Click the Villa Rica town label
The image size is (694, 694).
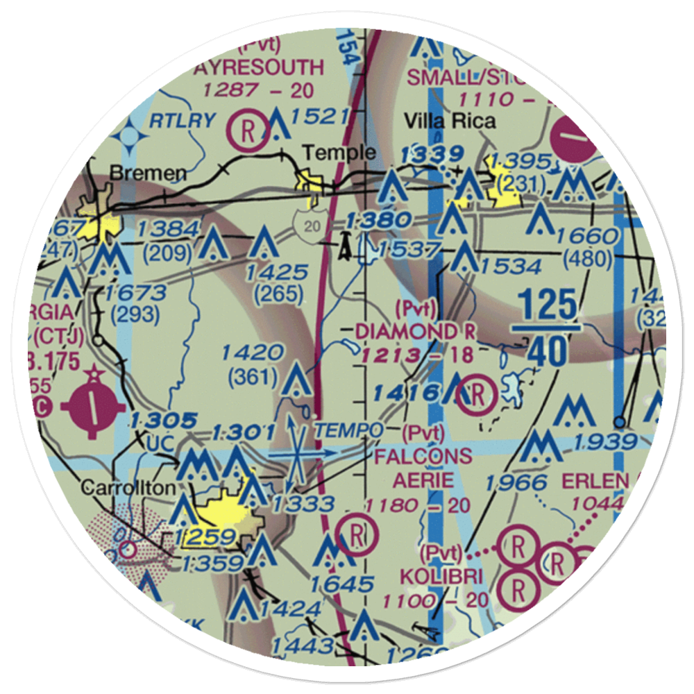click(451, 121)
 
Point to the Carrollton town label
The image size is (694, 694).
click(128, 488)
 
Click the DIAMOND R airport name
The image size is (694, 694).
click(416, 332)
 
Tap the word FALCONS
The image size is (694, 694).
click(423, 457)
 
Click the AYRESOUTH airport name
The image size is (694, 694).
click(258, 67)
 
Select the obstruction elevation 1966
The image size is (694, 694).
click(518, 481)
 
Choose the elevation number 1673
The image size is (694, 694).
click(135, 291)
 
